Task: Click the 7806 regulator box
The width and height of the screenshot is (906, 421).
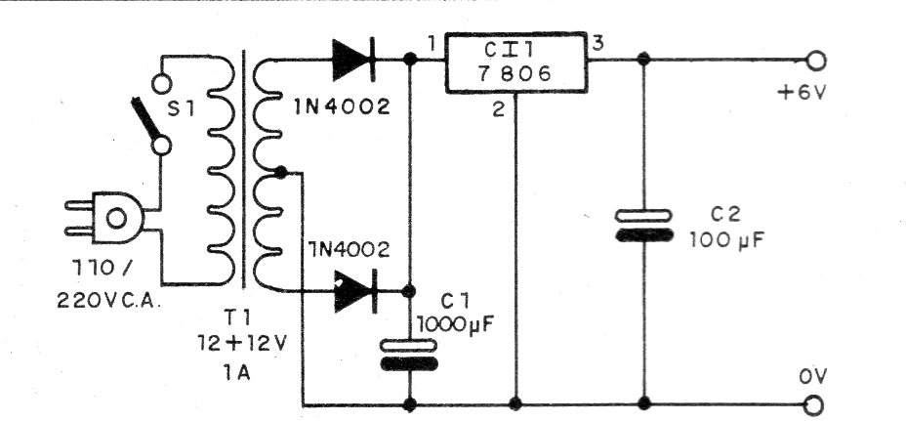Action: tap(515, 64)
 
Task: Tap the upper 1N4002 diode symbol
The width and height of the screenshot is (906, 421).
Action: tap(351, 61)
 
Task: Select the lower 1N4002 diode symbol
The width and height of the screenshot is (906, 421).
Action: tap(352, 291)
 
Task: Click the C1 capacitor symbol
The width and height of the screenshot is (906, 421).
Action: tap(409, 354)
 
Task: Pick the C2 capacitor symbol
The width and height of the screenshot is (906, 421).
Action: tap(642, 226)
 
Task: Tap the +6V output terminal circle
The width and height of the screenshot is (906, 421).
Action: tap(816, 62)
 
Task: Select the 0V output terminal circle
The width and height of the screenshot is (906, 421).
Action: tap(816, 403)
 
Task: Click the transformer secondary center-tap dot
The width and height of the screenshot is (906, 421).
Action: tap(281, 174)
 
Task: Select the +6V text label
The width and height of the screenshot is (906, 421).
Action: tap(803, 96)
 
